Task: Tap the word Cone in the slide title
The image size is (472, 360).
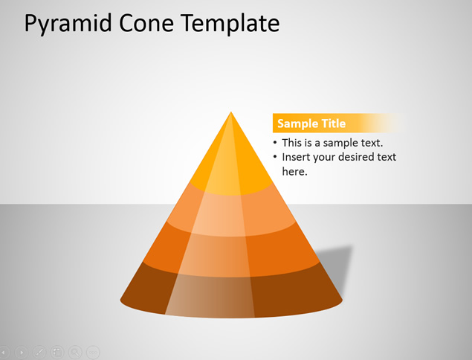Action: (x=146, y=24)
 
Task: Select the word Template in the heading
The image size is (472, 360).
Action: (x=230, y=24)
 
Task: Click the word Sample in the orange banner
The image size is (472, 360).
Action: (x=297, y=123)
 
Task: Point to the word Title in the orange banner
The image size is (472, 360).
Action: (x=333, y=123)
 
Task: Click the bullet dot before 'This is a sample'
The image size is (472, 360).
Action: (x=275, y=143)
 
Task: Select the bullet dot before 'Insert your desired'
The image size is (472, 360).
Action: (x=275, y=157)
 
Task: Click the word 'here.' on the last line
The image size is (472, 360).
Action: (x=294, y=171)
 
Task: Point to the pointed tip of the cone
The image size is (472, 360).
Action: (x=231, y=112)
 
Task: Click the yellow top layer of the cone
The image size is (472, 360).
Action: (x=231, y=163)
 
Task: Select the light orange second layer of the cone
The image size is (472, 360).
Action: (x=231, y=211)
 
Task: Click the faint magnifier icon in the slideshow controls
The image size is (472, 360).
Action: (x=75, y=352)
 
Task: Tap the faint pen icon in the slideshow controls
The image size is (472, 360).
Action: (x=39, y=352)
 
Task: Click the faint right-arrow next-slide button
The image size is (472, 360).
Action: (x=22, y=352)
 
